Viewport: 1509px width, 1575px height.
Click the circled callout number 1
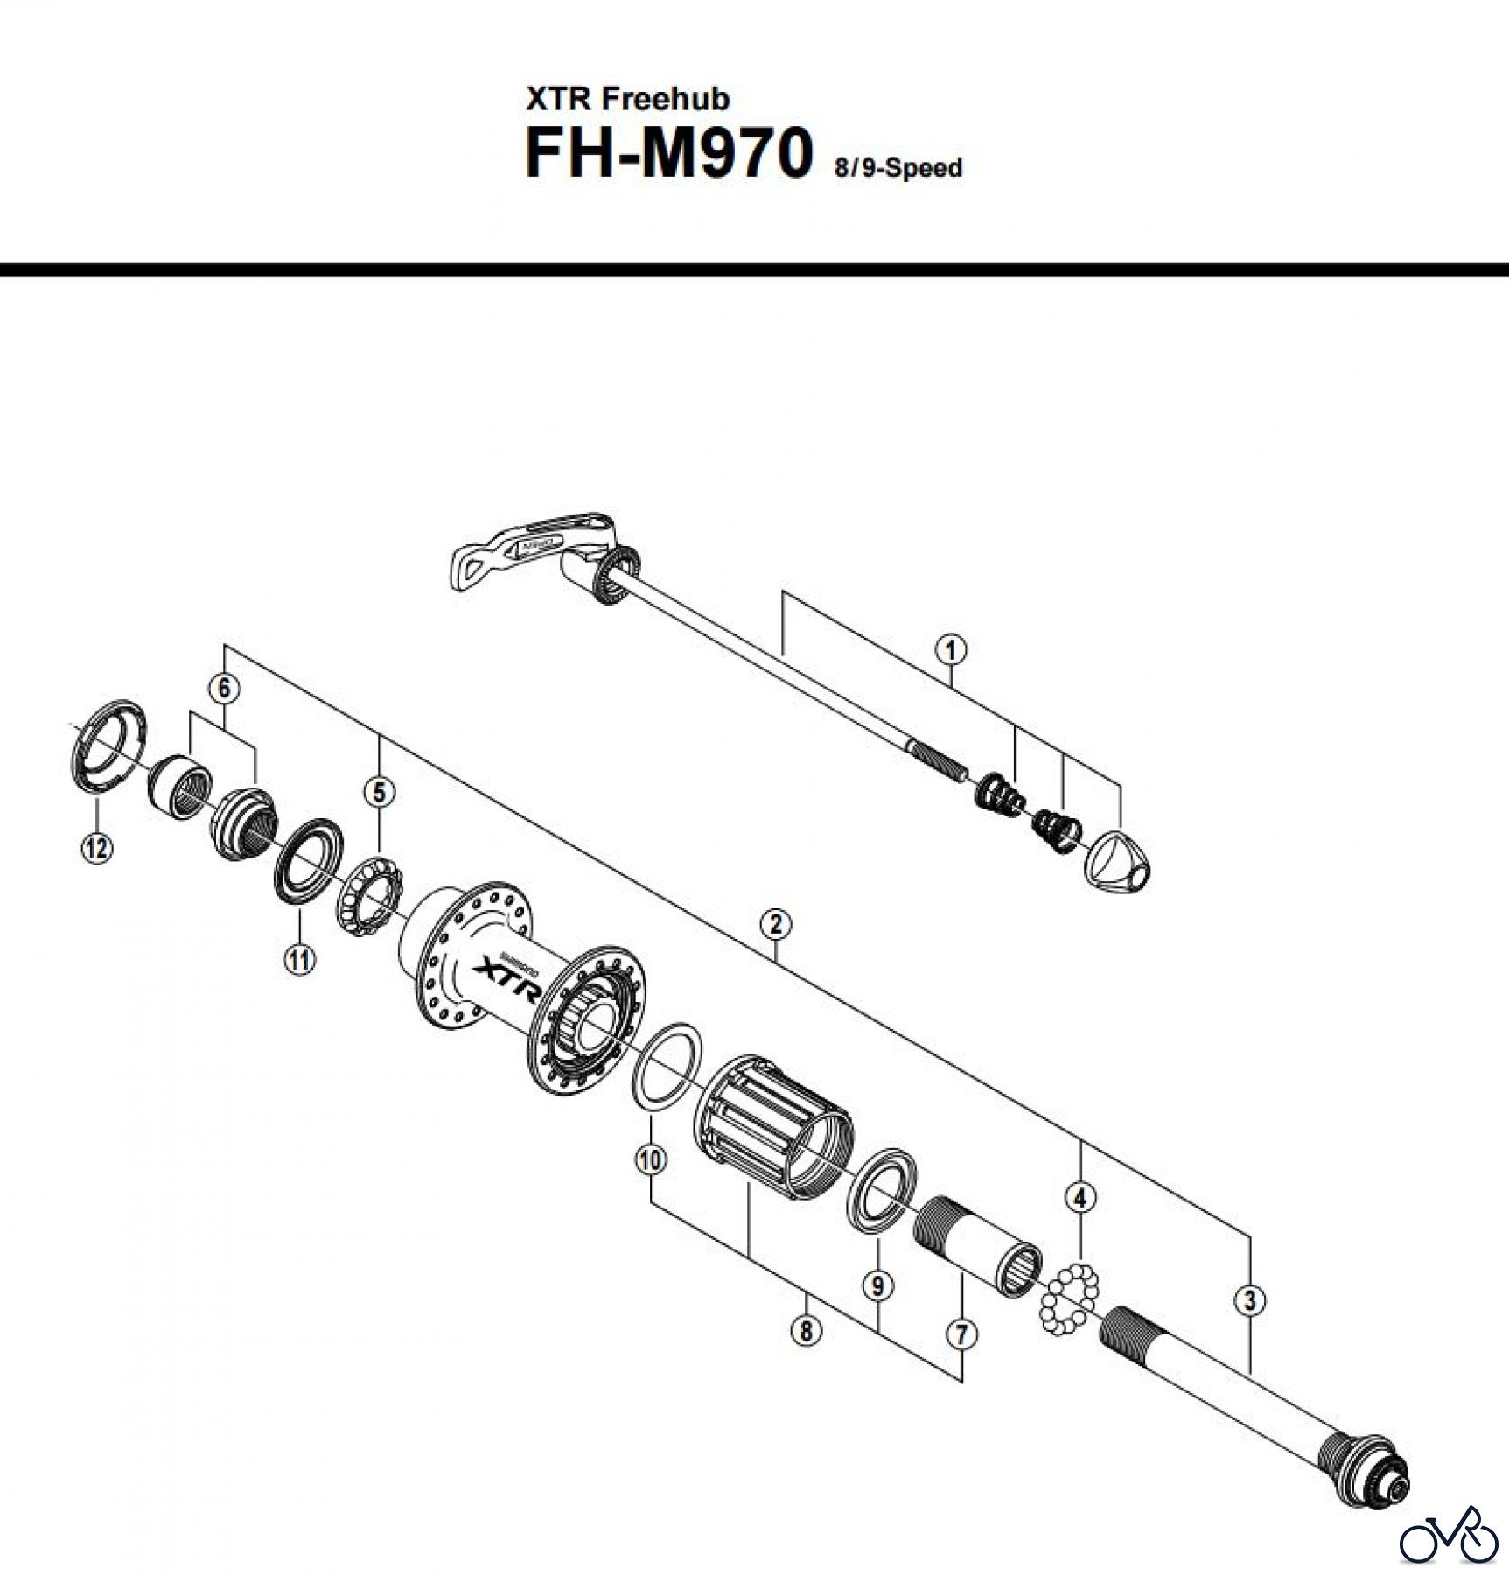click(x=951, y=650)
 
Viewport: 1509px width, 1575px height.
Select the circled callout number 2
click(x=776, y=924)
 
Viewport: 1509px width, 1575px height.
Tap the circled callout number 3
click(x=1249, y=1300)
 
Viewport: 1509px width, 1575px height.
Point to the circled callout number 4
click(x=1080, y=1197)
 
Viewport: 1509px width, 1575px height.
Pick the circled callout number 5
click(x=379, y=793)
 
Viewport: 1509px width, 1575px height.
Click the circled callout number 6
click(x=224, y=689)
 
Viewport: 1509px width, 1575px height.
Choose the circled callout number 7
click(x=961, y=1334)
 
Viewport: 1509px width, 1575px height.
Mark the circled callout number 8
click(x=806, y=1331)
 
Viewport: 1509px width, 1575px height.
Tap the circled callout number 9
click(x=877, y=1285)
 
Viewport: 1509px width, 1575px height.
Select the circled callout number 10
click(x=651, y=1160)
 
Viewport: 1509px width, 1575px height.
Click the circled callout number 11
click(x=299, y=960)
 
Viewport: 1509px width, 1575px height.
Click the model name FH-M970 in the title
click(x=668, y=154)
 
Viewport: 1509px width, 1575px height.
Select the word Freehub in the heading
click(x=665, y=99)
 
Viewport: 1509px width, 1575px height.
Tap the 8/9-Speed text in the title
click(x=898, y=167)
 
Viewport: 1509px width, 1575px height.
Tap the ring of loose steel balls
click(x=1066, y=1298)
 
